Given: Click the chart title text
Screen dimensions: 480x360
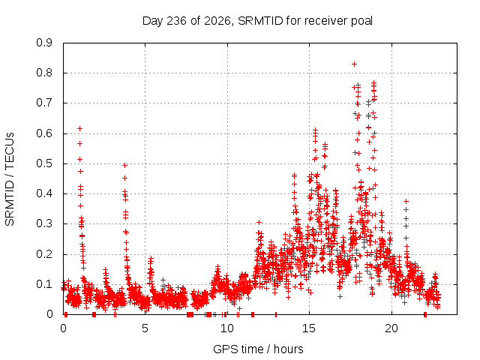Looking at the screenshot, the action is tap(257, 21).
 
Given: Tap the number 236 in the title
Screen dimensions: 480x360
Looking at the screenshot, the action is tap(176, 21).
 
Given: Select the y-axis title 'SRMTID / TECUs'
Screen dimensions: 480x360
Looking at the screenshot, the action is tap(10, 179).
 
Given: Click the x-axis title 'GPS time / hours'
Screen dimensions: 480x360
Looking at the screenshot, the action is tap(258, 349).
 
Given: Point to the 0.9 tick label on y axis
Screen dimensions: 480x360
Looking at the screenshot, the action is tap(44, 43).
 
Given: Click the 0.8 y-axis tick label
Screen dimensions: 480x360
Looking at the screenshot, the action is tap(44, 73).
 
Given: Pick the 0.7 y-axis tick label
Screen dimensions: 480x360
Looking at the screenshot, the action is tap(44, 103).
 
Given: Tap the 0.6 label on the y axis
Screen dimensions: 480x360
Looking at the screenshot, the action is tap(44, 133).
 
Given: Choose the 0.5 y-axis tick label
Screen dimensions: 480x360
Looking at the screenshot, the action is tap(44, 163).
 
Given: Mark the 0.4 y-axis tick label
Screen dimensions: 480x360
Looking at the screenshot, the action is tap(44, 193).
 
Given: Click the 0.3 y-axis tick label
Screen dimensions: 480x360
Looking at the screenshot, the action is tap(44, 223).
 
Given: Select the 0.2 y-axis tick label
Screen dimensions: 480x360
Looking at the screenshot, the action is tap(44, 254).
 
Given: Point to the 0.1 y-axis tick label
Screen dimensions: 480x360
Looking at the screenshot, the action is tap(44, 284).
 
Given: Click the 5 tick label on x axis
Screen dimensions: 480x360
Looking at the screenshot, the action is tap(145, 328).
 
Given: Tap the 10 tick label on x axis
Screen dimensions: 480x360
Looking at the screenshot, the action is tap(227, 328).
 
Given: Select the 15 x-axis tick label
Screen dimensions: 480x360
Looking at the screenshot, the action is tap(309, 328).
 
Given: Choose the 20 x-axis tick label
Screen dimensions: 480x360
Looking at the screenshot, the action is tap(391, 328).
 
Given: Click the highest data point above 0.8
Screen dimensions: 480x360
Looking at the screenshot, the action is tap(354, 64).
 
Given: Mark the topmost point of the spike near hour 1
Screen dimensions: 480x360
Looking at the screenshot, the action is tap(80, 128).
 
